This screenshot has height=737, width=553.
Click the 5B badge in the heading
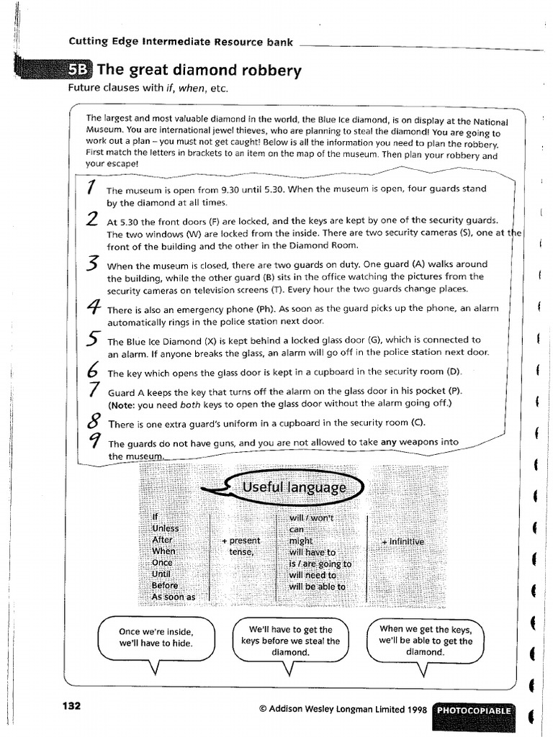pos(79,71)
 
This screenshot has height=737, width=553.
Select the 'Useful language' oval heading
pos(294,488)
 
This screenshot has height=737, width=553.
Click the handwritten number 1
pos(91,188)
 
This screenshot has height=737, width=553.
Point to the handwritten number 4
pos(92,308)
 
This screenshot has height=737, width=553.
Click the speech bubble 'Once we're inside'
pos(156,637)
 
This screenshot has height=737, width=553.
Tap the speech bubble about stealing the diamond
pos(290,640)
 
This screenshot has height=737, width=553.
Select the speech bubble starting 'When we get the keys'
pos(426,640)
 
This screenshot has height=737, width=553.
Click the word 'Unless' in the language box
pos(166,528)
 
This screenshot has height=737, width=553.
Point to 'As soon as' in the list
pos(174,597)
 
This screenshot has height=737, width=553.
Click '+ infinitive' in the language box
pos(403,541)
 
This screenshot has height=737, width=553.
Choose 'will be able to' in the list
pos(317,587)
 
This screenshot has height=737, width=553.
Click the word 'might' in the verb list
pos(301,541)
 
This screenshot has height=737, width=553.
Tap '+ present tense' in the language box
pos(241,546)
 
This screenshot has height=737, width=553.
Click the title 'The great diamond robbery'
pos(199,71)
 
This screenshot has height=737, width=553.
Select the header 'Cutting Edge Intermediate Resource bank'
pos(181,42)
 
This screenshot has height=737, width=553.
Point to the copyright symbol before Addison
pos(263,709)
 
